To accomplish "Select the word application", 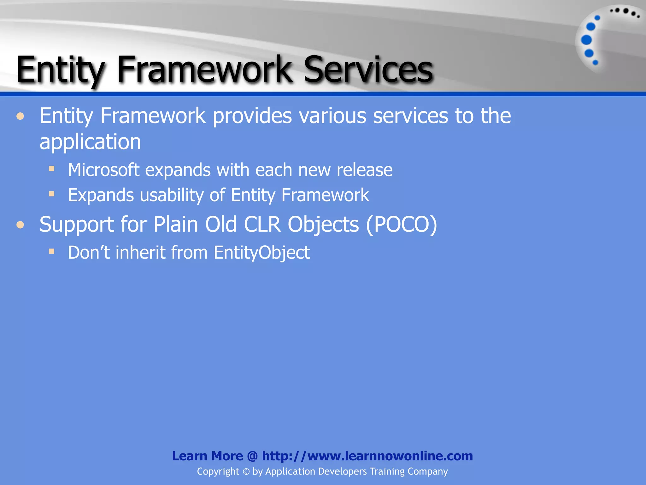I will tap(90, 142).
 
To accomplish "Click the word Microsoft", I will tap(104, 170).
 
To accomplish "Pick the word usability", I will tap(172, 195).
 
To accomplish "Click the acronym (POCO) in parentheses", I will tap(402, 225).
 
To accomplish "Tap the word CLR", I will tap(262, 225).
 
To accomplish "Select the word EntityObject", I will tap(261, 253).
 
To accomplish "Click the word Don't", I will tap(89, 253).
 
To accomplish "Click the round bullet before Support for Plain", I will tap(21, 225).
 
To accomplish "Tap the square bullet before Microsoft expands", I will tap(52, 169).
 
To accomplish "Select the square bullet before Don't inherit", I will tap(52, 251).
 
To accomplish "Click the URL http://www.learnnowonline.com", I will tap(367, 456).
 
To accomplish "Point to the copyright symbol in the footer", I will tap(246, 472).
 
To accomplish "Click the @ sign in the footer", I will tap(252, 456).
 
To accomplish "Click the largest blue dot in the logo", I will tap(586, 40).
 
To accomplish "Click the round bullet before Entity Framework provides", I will tap(21, 117).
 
